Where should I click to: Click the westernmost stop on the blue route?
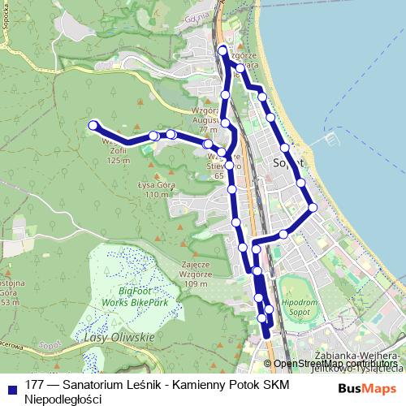click(x=93, y=125)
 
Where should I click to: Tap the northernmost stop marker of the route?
click(x=223, y=52)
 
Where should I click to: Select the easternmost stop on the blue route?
click(x=313, y=207)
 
